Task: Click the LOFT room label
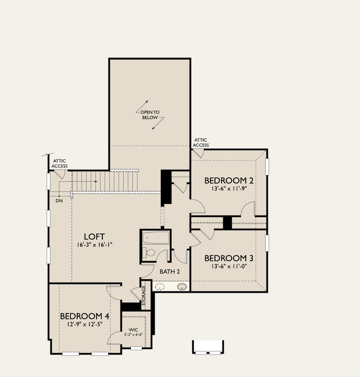[94, 236]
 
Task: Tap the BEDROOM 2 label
[229, 181]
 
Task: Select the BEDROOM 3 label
[229, 258]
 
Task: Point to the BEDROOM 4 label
[84, 316]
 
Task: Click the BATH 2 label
[170, 272]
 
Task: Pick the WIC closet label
[133, 330]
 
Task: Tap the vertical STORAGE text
[143, 295]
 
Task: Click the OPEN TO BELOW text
[150, 115]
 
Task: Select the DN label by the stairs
[59, 200]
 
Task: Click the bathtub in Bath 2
[156, 237]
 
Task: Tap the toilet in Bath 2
[149, 253]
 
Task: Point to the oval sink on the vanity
[182, 286]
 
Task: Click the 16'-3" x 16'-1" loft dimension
[94, 245]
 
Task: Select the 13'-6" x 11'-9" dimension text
[229, 188]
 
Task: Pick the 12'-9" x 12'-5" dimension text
[85, 324]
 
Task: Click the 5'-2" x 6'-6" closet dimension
[133, 334]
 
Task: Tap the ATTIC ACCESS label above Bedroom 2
[201, 142]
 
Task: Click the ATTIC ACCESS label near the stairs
[60, 164]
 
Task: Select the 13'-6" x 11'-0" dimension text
[229, 266]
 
